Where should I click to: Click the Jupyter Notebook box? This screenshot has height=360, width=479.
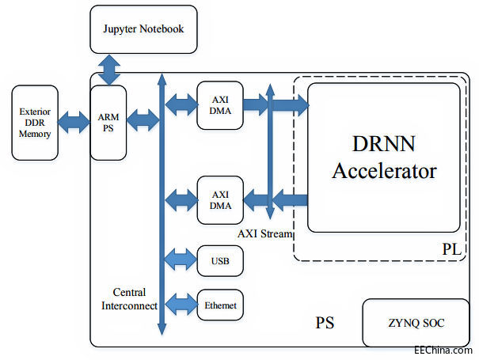(x=143, y=29)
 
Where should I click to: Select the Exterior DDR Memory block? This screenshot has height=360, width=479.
(x=36, y=123)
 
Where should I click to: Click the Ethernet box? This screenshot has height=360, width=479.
(x=219, y=305)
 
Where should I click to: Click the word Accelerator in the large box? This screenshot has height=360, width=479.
(x=384, y=170)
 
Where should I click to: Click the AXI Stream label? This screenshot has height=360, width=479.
(x=265, y=234)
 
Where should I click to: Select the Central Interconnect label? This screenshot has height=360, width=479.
(x=130, y=298)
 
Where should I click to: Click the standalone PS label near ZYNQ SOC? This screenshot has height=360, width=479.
(x=325, y=323)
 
